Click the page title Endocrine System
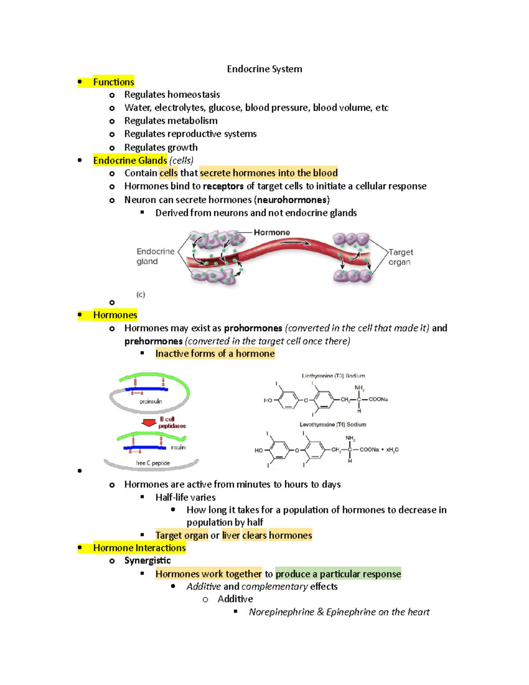point(264,69)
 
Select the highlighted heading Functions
point(113,82)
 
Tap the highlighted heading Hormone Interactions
point(139,548)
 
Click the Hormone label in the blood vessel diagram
point(272,232)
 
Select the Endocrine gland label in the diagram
point(155,256)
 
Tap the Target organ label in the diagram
point(400,257)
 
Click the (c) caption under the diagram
point(141,294)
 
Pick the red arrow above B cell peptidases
point(149,423)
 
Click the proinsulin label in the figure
point(151,401)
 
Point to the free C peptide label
point(153,463)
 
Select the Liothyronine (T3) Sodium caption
point(333,376)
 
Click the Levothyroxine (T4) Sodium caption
point(333,424)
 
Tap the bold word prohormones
point(253,328)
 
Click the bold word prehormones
point(153,341)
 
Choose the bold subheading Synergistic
point(147,561)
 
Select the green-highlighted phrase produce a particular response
point(338,574)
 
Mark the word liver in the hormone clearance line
point(231,535)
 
